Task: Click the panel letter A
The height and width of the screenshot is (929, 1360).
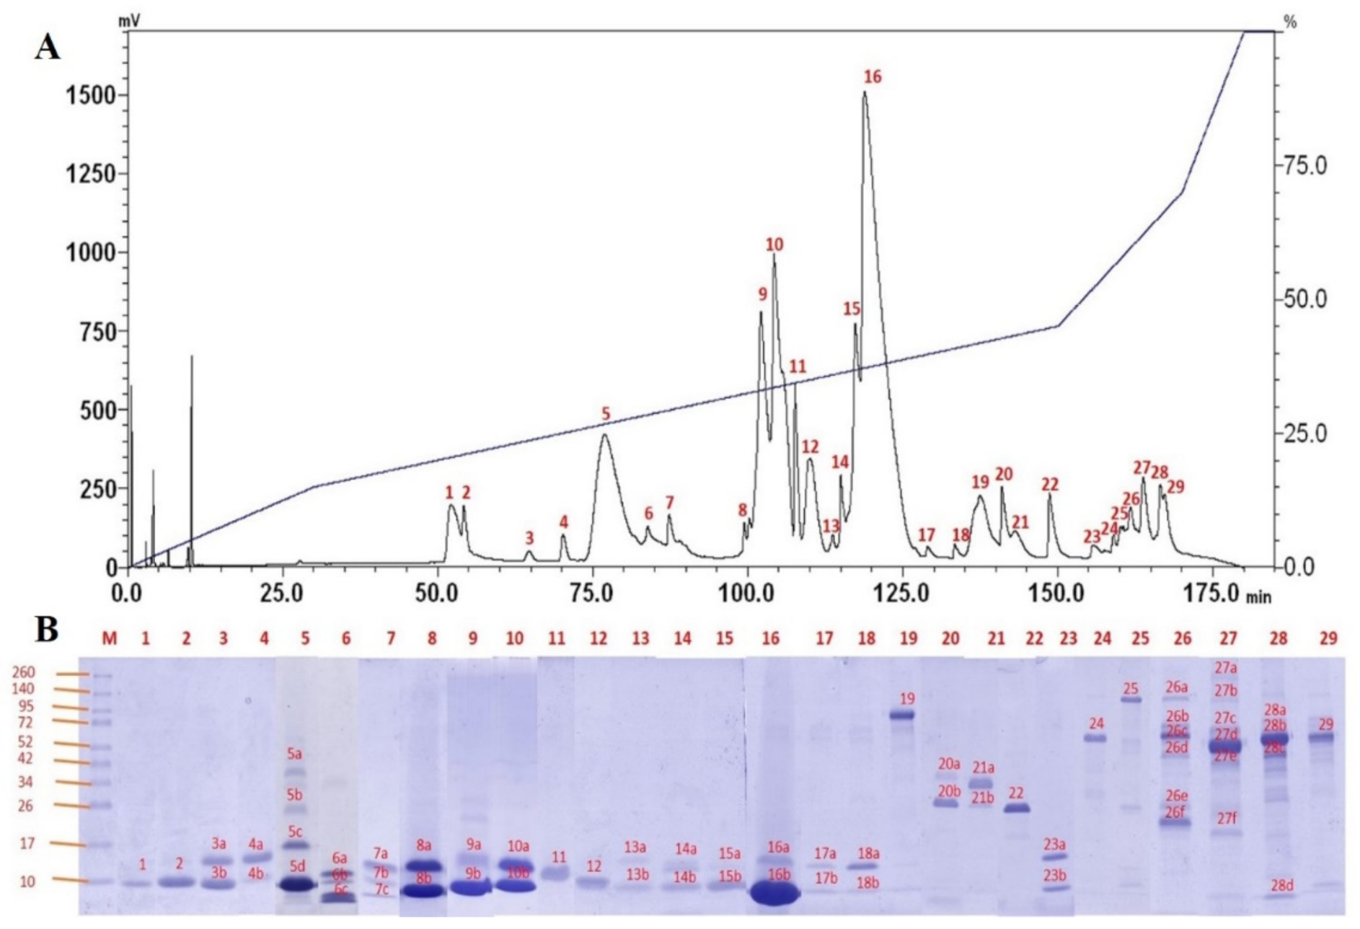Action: coord(48,48)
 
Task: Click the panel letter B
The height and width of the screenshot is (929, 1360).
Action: coord(47,629)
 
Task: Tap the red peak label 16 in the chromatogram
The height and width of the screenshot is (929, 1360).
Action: coord(872,76)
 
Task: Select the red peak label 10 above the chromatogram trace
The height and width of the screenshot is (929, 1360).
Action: coord(774,245)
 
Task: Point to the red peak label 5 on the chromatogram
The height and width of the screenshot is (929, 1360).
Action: coord(606,413)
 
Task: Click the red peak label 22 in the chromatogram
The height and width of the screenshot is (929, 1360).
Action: coord(1049,484)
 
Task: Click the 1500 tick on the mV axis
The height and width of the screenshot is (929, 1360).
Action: coord(90,94)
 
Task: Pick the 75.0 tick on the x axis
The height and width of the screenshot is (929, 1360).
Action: coord(592,593)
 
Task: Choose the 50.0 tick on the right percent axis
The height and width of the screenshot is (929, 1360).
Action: coord(1304,299)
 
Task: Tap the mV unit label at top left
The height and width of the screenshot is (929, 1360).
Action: coord(129,22)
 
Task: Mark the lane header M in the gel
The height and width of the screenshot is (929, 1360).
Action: coord(109,638)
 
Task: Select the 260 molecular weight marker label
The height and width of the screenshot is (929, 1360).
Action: coord(24,672)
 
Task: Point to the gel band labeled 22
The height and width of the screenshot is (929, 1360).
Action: coord(1017,809)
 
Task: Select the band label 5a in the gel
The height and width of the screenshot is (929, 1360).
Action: coord(294,754)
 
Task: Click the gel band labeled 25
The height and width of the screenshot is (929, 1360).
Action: coord(1131,699)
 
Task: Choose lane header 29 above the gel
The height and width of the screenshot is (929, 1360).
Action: coord(1328,638)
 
